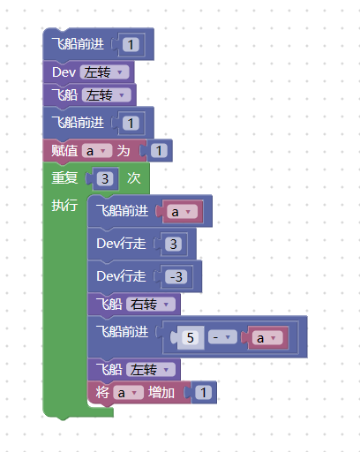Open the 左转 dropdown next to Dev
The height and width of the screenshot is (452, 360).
(104, 72)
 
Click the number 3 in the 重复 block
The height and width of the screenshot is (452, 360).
(105, 178)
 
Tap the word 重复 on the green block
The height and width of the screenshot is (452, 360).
(64, 178)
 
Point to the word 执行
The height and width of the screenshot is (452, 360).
(64, 205)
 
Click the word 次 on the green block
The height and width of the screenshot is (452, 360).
(134, 178)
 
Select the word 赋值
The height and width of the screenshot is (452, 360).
(64, 151)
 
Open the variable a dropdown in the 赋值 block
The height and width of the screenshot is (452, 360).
(97, 151)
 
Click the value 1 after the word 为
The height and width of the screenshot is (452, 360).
(159, 151)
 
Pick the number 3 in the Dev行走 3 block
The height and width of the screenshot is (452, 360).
(173, 244)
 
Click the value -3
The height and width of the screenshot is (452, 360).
(176, 277)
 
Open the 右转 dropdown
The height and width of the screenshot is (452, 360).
(151, 305)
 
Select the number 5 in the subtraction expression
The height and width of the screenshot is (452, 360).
(191, 337)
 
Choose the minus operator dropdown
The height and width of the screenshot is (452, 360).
(222, 337)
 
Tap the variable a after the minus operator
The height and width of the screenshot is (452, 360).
(267, 338)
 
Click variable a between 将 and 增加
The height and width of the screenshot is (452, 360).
(129, 393)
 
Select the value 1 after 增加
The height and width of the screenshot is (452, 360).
(203, 392)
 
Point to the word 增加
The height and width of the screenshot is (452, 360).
(161, 393)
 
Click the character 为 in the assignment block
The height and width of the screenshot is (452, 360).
(124, 151)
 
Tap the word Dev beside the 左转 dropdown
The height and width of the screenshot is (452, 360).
(64, 72)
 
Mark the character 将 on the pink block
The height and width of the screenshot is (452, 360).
(102, 393)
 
